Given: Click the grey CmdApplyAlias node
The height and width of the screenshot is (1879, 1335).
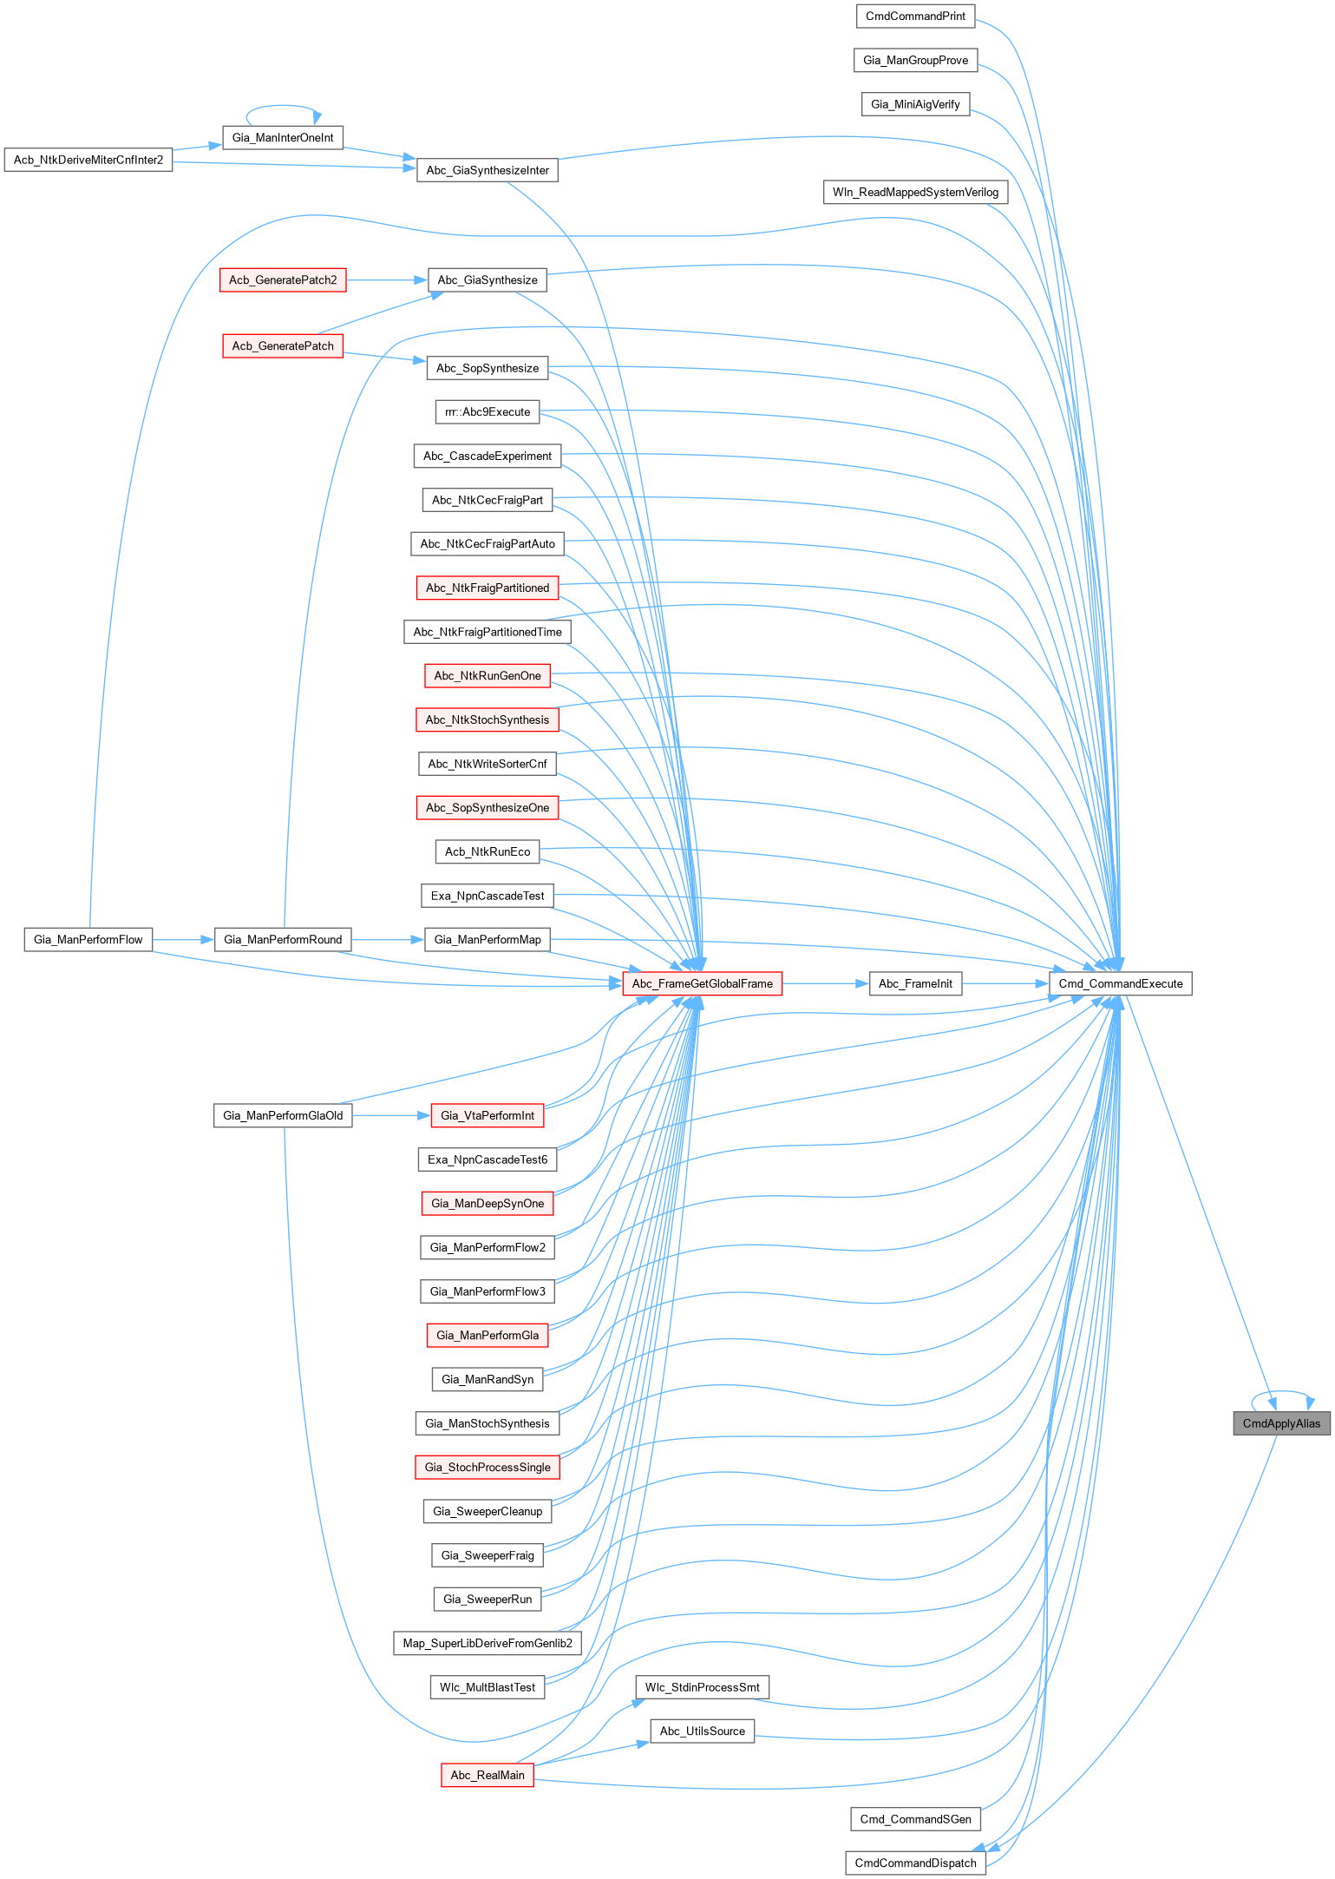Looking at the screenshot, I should coord(1281,1423).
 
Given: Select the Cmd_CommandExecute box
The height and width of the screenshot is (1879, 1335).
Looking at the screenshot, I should coord(1120,983).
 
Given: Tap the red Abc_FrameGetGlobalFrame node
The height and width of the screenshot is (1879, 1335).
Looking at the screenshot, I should coord(702,983).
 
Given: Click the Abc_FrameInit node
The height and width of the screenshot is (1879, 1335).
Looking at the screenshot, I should coord(915,983).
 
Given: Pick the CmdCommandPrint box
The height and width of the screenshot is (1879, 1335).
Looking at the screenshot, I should coord(915,16).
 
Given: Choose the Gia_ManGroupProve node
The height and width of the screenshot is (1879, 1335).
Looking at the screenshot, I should coord(915,60).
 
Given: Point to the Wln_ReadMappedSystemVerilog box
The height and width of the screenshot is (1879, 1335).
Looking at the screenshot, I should coord(915,192).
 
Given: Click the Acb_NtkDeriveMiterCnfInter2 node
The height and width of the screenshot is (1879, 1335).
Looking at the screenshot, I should coord(88,160).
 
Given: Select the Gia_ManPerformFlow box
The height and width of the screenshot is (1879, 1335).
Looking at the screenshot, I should coord(88,939).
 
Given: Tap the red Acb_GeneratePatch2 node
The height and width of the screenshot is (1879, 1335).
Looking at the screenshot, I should coord(283,280).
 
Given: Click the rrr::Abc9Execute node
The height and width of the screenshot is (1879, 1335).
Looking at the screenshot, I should coord(488,412).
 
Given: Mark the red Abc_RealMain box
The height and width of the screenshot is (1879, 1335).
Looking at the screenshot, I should coord(488,1775).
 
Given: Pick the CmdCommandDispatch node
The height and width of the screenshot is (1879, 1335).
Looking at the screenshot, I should coord(915,1863).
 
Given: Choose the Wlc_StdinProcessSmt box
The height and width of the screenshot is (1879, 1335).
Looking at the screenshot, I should coord(702,1687).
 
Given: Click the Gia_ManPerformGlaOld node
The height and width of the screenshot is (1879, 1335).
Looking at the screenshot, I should coord(283,1115).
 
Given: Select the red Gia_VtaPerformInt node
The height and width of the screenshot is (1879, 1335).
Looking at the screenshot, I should coord(488,1115).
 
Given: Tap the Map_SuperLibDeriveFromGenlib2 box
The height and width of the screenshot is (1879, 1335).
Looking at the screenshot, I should coord(488,1643).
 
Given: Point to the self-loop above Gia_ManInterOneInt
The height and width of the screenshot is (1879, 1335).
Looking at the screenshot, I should coord(283,108).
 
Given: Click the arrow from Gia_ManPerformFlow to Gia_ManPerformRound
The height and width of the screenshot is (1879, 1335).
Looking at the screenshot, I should coord(183,939).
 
